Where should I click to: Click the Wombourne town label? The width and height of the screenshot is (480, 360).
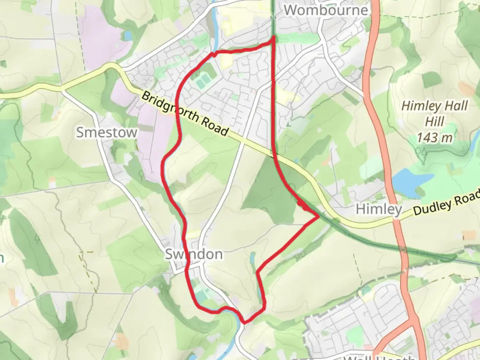(326, 10)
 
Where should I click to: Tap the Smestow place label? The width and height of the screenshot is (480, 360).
(107, 132)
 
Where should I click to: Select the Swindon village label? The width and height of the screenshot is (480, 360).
(194, 254)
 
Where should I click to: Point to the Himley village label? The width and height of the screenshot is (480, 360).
(379, 209)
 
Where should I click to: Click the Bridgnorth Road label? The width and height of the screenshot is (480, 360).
(185, 114)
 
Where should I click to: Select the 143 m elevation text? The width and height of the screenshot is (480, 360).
(435, 137)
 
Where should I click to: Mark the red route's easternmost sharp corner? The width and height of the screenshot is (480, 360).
(319, 217)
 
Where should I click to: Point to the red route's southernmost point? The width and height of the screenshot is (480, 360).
(245, 322)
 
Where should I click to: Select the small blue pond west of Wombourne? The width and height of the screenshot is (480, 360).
(127, 36)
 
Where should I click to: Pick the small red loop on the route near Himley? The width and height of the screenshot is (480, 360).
(302, 204)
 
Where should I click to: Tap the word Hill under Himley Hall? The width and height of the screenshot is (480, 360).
(435, 122)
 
